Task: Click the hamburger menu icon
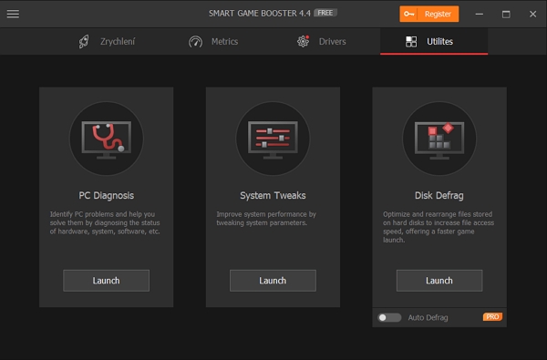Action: tap(13, 14)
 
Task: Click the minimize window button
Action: tap(480, 15)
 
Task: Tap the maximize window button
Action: tap(506, 15)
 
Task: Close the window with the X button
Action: tap(532, 15)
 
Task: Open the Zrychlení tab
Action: tap(107, 42)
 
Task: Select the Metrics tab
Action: tap(213, 42)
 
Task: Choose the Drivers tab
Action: tap(322, 42)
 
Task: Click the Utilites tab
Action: tap(434, 42)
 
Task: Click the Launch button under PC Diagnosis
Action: tap(106, 281)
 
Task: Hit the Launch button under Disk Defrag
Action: tap(439, 281)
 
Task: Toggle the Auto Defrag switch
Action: tap(389, 317)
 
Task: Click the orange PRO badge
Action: tap(492, 317)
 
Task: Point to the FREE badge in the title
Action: tap(325, 13)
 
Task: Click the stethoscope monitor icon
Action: tap(107, 139)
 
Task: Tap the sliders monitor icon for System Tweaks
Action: tap(273, 139)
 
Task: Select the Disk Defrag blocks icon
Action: tap(439, 139)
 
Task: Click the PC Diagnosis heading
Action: tap(107, 195)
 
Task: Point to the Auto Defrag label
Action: tap(428, 317)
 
